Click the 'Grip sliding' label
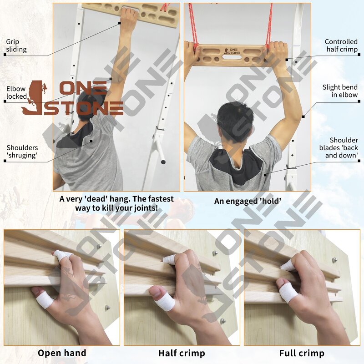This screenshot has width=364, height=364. pos(16,45)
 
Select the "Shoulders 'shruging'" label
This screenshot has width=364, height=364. pos(22,152)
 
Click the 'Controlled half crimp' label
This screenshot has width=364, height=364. pos(341,45)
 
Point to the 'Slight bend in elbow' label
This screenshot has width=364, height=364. pos(340,91)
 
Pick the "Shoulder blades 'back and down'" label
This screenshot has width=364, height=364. pos(344,148)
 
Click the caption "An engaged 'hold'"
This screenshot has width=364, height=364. pos(248,201)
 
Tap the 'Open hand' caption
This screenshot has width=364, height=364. pos(62,353)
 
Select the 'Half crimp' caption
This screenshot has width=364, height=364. pos(182,353)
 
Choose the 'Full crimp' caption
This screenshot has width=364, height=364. pos(302,353)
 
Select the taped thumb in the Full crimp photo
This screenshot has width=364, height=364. pos(288,293)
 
